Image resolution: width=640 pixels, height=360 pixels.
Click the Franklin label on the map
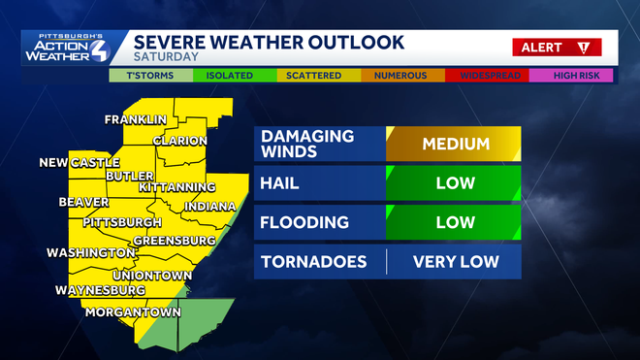tap(136, 120)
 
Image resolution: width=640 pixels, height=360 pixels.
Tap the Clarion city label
tap(179, 141)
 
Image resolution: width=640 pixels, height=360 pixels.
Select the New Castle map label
tap(80, 162)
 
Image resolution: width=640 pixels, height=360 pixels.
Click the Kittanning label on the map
tap(177, 186)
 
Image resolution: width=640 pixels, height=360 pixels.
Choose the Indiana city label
tap(209, 207)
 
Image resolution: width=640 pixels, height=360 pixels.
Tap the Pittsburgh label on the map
tap(121, 222)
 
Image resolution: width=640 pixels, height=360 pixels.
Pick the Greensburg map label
tap(174, 240)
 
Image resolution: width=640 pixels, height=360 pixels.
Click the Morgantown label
tap(133, 312)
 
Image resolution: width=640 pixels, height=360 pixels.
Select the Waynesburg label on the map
tap(100, 290)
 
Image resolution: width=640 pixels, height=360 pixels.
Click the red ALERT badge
tap(557, 47)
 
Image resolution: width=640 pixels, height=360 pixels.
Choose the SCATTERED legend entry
tap(318, 75)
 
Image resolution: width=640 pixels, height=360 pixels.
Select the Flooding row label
tap(304, 222)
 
